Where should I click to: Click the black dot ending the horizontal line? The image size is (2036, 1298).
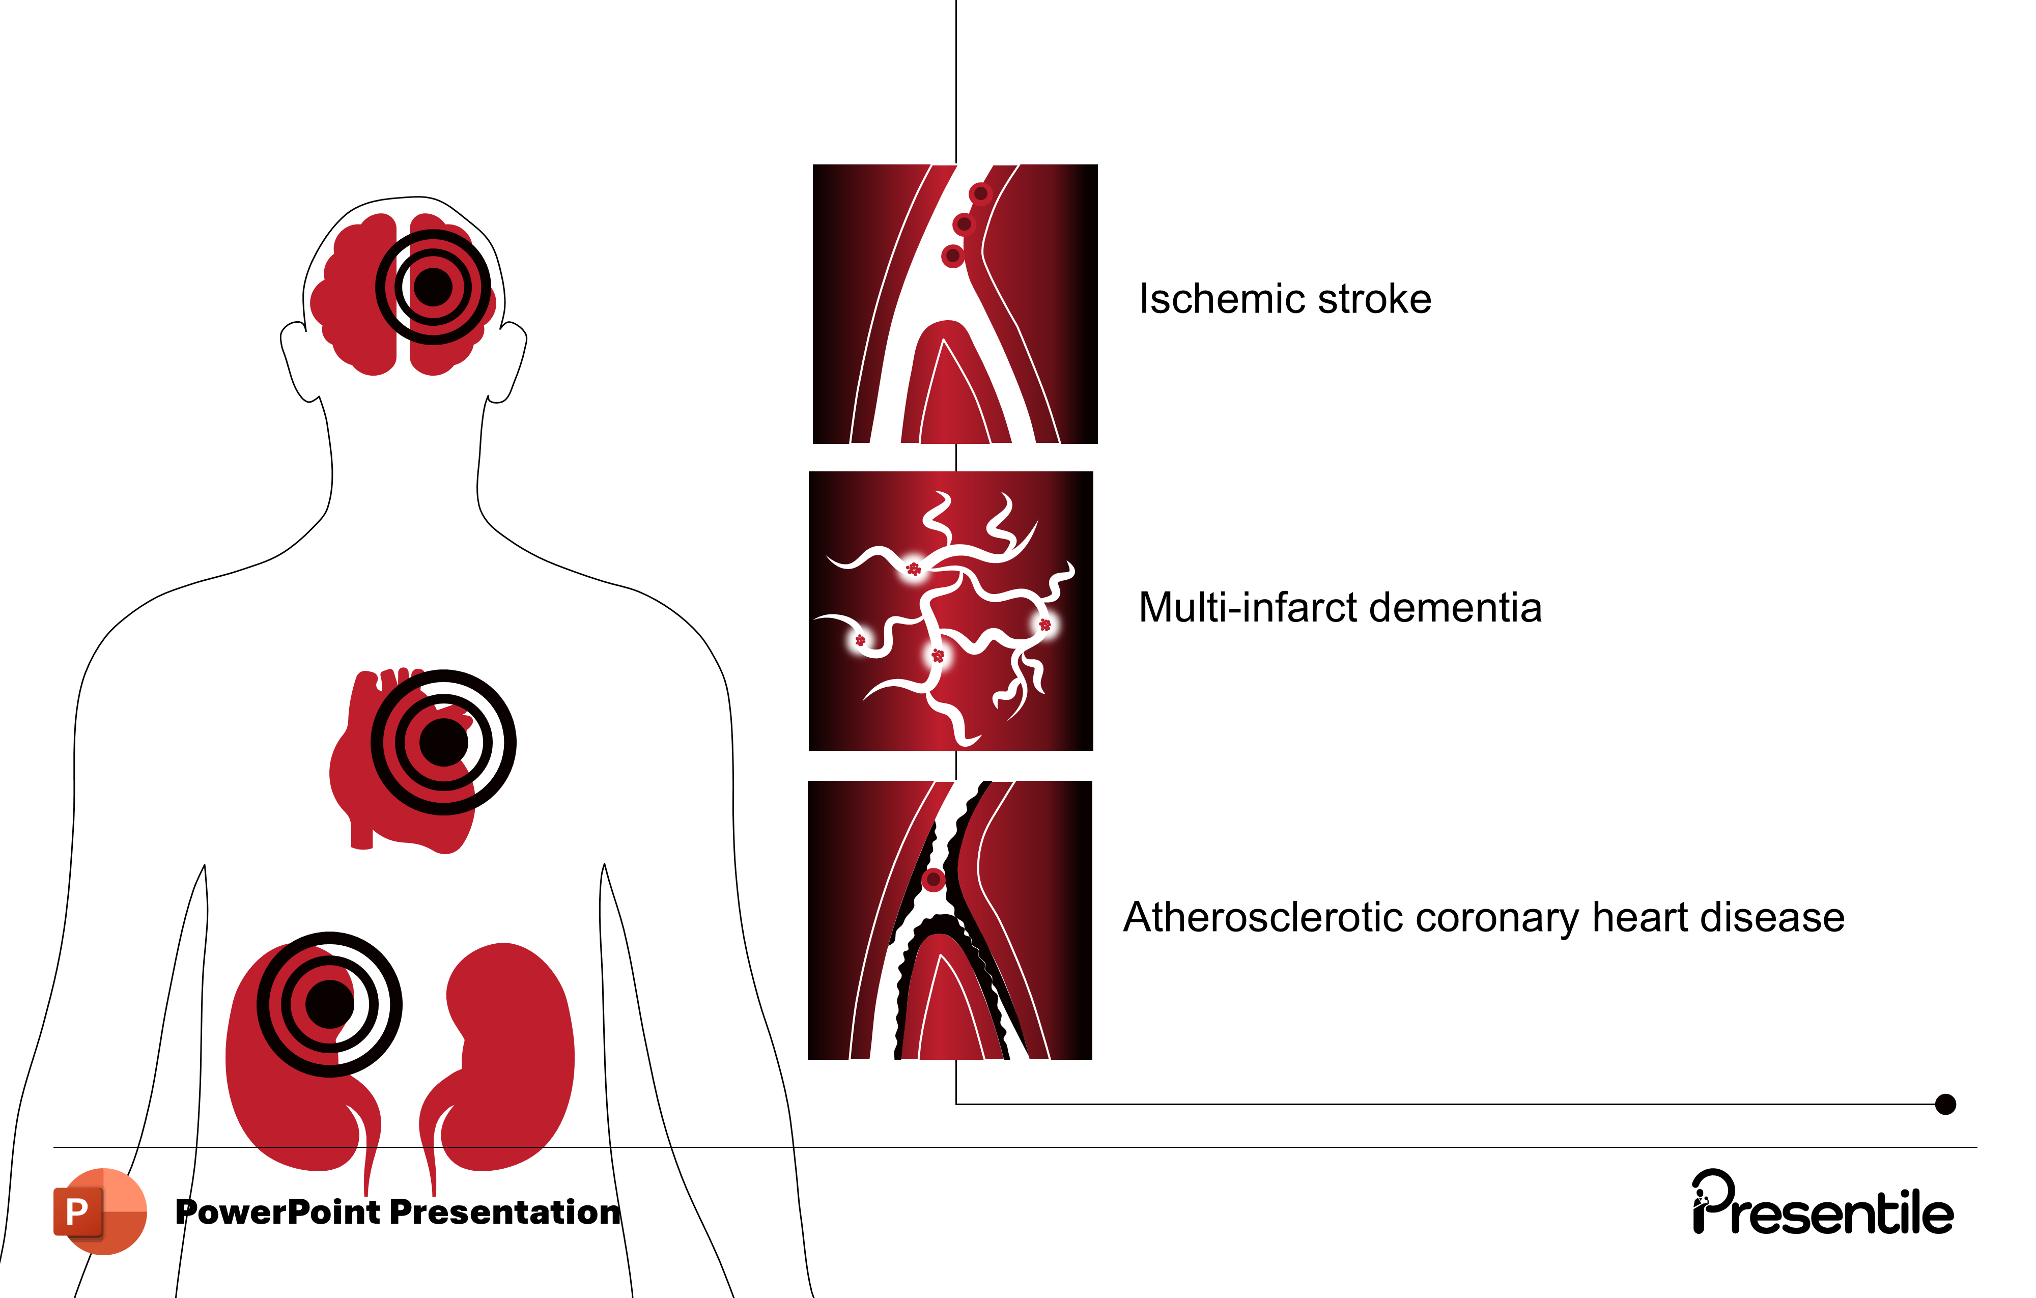1945,1105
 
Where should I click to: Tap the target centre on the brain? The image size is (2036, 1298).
433,288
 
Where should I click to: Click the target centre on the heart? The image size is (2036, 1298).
443,743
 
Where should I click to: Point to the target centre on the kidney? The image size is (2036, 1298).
330,1005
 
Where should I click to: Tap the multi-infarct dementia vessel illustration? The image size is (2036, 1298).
950,610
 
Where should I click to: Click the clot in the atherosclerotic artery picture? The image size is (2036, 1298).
934,880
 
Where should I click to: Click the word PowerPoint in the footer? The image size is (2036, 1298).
278,1212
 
